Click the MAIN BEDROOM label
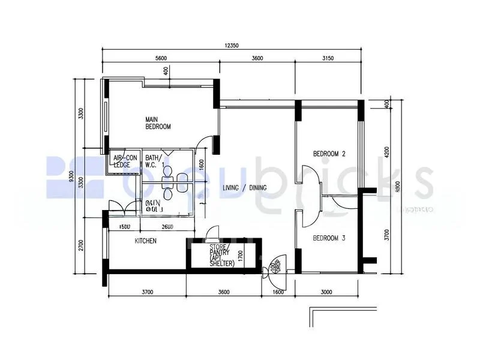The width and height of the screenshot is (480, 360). (158, 123)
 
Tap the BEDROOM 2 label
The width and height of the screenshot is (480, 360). (329, 154)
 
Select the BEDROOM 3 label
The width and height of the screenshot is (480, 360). (329, 237)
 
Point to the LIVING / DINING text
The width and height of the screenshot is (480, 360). (244, 188)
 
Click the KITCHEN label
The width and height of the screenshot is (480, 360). (145, 241)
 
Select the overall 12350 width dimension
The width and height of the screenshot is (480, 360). (232, 46)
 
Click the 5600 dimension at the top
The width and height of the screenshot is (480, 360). (160, 58)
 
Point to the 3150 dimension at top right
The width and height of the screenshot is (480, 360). (328, 58)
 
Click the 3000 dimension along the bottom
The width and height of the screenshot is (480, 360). (327, 292)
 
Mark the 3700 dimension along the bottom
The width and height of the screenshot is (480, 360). (147, 292)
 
